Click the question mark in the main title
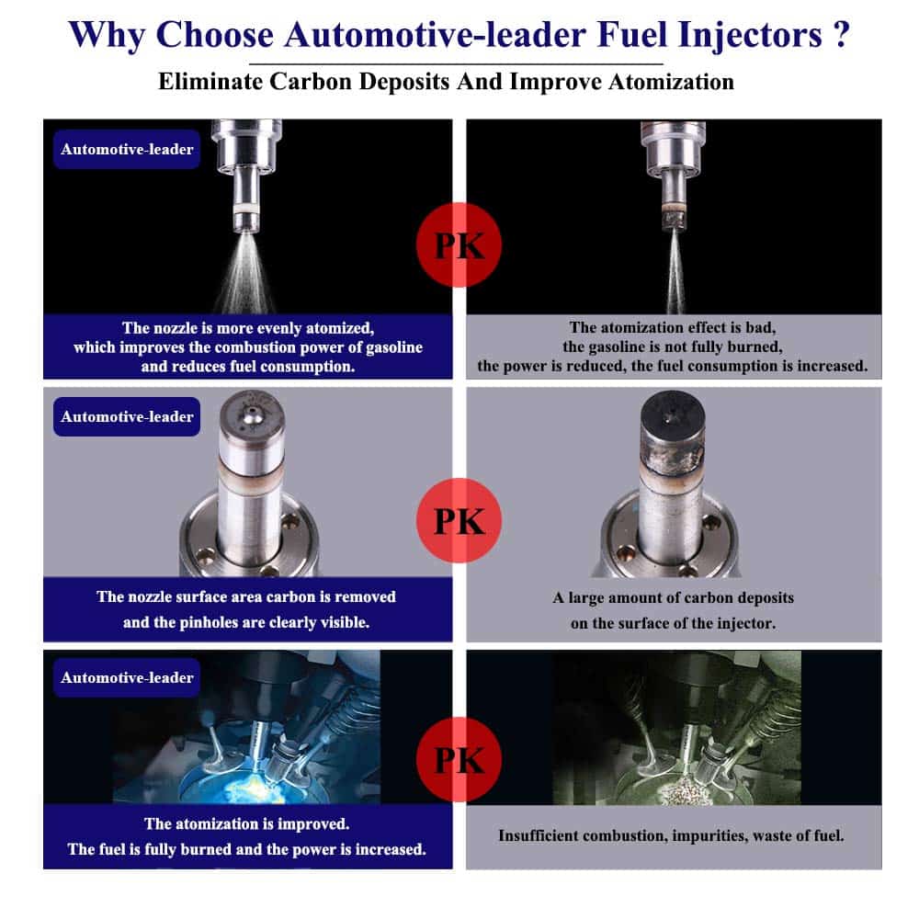click(x=841, y=35)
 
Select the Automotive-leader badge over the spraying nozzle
click(x=127, y=149)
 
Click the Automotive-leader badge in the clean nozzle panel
click(x=127, y=416)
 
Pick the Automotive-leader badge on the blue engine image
click(x=127, y=677)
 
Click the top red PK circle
click(x=459, y=245)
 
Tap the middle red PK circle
click(x=459, y=520)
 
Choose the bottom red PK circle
click(x=459, y=760)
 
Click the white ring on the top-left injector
click(x=246, y=210)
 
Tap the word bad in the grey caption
click(x=761, y=327)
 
